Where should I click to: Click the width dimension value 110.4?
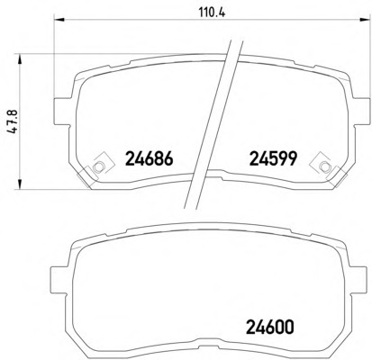tap(212, 13)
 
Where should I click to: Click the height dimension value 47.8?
tap(14, 121)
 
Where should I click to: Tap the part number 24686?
tap(150, 158)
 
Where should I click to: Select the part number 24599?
tap(273, 158)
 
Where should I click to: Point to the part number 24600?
tap(269, 327)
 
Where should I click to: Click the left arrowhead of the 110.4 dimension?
tap(59, 20)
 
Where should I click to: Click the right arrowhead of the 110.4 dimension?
tap(365, 20)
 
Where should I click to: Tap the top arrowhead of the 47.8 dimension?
tap(20, 59)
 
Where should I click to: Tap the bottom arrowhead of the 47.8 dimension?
tap(20, 184)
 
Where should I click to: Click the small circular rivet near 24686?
tap(98, 166)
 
